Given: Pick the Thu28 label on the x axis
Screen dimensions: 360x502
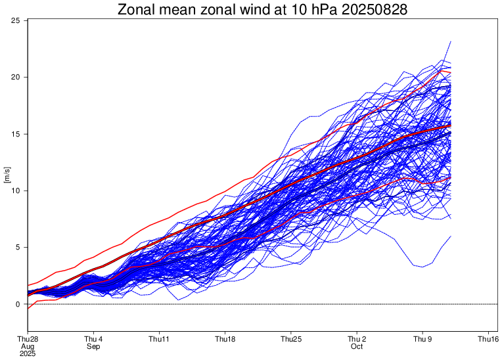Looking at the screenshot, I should tap(28, 339).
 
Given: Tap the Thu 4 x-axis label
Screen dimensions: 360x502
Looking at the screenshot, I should tap(93, 339).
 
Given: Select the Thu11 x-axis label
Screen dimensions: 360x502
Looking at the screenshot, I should tap(159, 339).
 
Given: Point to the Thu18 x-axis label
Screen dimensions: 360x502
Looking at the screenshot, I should tap(225, 339).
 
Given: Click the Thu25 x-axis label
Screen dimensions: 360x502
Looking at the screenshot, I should tap(290, 339).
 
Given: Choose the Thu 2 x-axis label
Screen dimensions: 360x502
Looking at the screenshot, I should tap(356, 339).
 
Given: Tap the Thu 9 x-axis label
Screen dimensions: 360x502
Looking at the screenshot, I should tap(422, 339).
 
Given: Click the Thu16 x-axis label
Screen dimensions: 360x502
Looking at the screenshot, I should tap(488, 339).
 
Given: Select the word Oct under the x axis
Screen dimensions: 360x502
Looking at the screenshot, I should tap(356, 346).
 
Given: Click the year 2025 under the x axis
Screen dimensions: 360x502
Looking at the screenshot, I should tap(28, 353).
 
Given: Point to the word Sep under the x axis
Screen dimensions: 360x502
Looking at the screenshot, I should tap(93, 346).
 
